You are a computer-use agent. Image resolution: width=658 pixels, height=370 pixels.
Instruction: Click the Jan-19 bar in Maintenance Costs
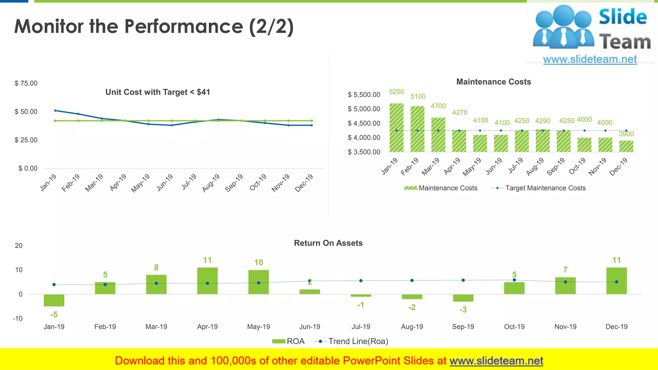(x=396, y=128)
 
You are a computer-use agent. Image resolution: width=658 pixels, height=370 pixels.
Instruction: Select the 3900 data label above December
(x=626, y=134)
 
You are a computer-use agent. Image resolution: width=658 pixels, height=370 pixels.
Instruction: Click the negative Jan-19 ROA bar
(x=54, y=300)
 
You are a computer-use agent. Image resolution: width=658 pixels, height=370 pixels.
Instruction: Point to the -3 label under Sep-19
(x=463, y=310)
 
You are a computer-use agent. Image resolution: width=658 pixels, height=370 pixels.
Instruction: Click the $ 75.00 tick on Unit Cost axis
(x=26, y=84)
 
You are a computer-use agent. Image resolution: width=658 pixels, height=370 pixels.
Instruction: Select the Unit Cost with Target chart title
(x=158, y=92)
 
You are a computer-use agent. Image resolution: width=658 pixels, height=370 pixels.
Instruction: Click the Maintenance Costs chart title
(x=493, y=82)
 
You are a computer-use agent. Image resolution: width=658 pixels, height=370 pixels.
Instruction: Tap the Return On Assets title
(x=328, y=243)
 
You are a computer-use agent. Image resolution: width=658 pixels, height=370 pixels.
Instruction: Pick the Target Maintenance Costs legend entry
(x=545, y=188)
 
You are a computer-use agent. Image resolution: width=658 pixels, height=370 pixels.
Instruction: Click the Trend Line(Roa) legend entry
(x=358, y=341)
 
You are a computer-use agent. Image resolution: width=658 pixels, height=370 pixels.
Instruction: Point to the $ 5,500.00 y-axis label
(x=364, y=95)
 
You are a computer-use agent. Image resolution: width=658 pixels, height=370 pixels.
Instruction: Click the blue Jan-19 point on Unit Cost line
(x=55, y=110)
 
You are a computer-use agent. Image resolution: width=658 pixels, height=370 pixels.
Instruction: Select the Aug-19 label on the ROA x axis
(x=412, y=327)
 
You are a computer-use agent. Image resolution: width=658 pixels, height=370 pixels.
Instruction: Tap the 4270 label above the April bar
(x=459, y=112)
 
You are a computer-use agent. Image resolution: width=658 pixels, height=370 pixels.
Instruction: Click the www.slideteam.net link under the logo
(x=590, y=59)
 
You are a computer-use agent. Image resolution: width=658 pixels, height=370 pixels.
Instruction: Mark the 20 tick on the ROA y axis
(x=19, y=246)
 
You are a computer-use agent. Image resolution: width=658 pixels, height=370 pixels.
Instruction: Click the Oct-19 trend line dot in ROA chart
(x=514, y=280)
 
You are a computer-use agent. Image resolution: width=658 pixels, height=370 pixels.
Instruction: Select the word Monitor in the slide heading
(x=49, y=26)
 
